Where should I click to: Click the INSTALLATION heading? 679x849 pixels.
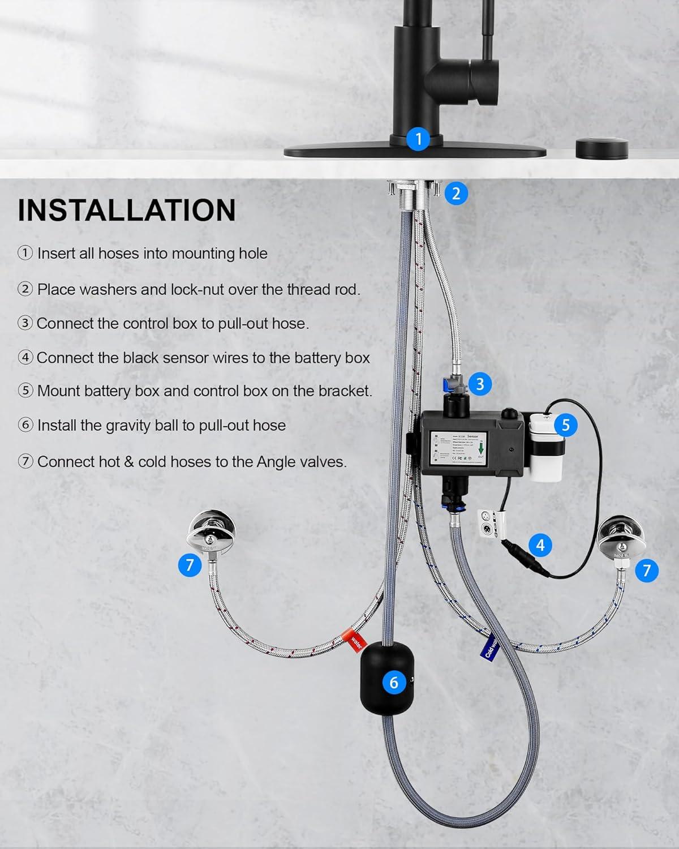(x=127, y=210)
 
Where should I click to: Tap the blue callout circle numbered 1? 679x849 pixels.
(x=418, y=139)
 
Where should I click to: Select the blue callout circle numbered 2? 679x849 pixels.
(x=456, y=194)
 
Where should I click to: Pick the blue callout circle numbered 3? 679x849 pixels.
(x=480, y=384)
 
